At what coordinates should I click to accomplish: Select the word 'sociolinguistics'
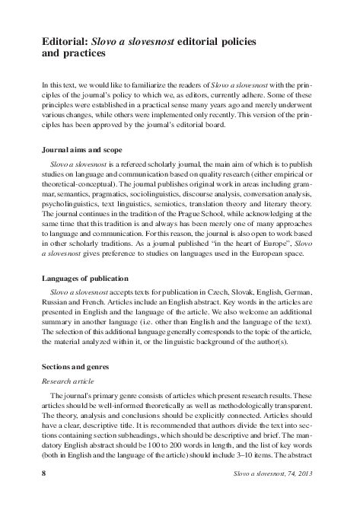tap(151, 194)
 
